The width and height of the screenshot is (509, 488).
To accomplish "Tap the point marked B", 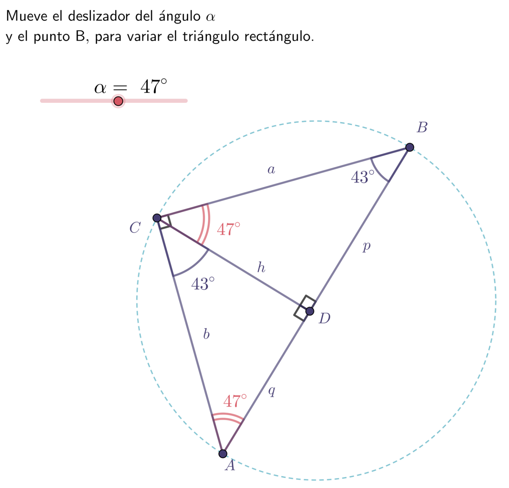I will (409, 147).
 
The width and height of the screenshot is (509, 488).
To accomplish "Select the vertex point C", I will (157, 218).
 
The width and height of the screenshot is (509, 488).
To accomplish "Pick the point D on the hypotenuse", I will (310, 311).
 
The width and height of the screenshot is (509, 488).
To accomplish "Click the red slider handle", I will (118, 101).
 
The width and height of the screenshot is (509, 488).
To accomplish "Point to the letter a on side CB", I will (271, 170).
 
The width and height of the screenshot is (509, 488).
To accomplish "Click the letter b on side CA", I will (206, 334).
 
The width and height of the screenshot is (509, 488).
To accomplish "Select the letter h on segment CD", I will (261, 267).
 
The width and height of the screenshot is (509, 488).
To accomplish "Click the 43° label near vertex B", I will (363, 177).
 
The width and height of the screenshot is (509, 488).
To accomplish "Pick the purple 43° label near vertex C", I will (203, 284).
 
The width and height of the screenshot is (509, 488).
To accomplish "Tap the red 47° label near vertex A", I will (235, 401).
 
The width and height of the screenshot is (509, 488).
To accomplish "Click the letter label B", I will (422, 128).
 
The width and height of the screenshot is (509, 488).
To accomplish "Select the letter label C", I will (135, 228).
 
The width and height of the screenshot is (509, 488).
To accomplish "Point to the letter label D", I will (324, 318).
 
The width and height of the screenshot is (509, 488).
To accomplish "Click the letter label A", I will (230, 466).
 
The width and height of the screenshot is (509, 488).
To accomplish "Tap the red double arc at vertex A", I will (227, 416).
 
